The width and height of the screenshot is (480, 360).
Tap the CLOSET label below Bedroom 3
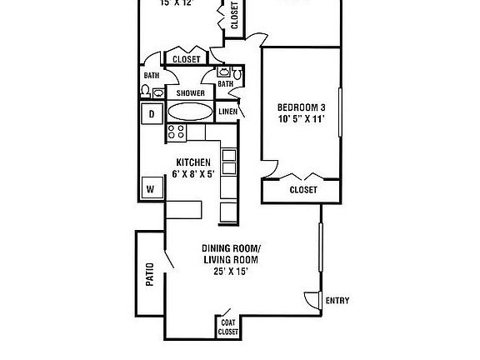(x=303, y=190)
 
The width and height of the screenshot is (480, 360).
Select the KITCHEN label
(x=192, y=162)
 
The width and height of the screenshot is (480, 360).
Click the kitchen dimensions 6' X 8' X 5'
(x=192, y=174)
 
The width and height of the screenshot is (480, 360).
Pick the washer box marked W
(x=151, y=188)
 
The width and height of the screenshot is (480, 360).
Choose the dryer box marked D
(x=152, y=114)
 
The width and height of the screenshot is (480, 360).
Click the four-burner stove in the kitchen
(x=176, y=132)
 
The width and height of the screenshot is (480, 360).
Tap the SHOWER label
(x=190, y=93)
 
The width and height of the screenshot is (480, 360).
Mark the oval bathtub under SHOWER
(x=191, y=112)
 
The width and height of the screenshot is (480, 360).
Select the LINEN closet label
(x=227, y=112)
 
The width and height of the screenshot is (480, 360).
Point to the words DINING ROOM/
(x=232, y=249)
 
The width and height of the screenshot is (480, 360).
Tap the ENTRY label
(x=337, y=300)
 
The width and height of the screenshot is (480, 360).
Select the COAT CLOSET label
(x=227, y=327)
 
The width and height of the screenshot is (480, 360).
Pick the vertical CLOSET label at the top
(x=234, y=16)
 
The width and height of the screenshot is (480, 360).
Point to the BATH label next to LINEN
(x=225, y=83)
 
